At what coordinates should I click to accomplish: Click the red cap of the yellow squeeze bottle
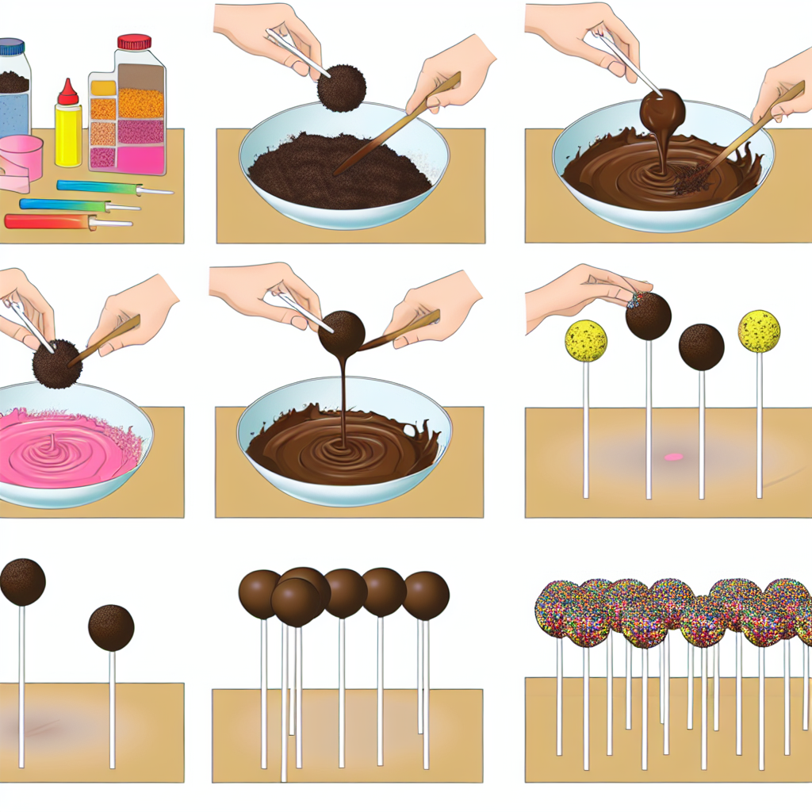click(68, 93)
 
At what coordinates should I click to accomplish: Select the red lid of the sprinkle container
click(134, 42)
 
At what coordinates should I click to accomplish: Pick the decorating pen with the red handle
click(48, 221)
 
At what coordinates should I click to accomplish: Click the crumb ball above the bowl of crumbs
click(342, 87)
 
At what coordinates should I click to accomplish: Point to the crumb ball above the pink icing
click(57, 364)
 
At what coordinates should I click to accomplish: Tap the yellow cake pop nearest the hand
click(586, 341)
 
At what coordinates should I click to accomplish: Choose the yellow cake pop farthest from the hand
click(759, 331)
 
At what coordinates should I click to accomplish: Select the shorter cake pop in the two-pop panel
click(111, 627)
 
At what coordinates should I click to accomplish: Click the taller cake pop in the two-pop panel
click(22, 581)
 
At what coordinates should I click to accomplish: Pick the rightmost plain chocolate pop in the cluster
click(426, 596)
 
